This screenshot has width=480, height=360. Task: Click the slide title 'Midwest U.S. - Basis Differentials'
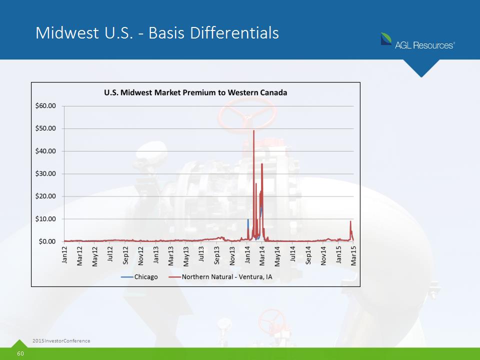coord(157,33)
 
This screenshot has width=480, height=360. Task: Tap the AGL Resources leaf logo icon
coord(386,39)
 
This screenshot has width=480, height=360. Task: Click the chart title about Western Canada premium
coord(195,92)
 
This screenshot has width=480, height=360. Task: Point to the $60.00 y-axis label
coord(45,106)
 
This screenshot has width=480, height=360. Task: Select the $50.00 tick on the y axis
coord(45,128)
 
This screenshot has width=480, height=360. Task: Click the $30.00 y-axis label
coord(45,174)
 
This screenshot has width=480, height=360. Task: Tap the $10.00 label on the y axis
coord(45,219)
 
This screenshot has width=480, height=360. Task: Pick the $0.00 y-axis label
coord(47,241)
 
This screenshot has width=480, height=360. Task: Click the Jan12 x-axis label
coord(64,254)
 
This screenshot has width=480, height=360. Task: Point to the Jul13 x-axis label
coord(201,254)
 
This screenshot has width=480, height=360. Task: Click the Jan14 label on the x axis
coord(247,254)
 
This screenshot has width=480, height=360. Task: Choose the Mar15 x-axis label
coord(353,256)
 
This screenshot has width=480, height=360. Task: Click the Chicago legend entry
coord(139,277)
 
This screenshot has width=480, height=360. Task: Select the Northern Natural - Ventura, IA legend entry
coord(220,277)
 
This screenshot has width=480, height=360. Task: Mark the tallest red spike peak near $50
coord(254,130)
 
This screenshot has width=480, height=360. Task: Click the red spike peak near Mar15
coord(350,221)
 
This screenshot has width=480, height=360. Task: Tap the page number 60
coord(20,353)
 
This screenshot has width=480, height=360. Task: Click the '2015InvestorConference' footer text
coord(61,340)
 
